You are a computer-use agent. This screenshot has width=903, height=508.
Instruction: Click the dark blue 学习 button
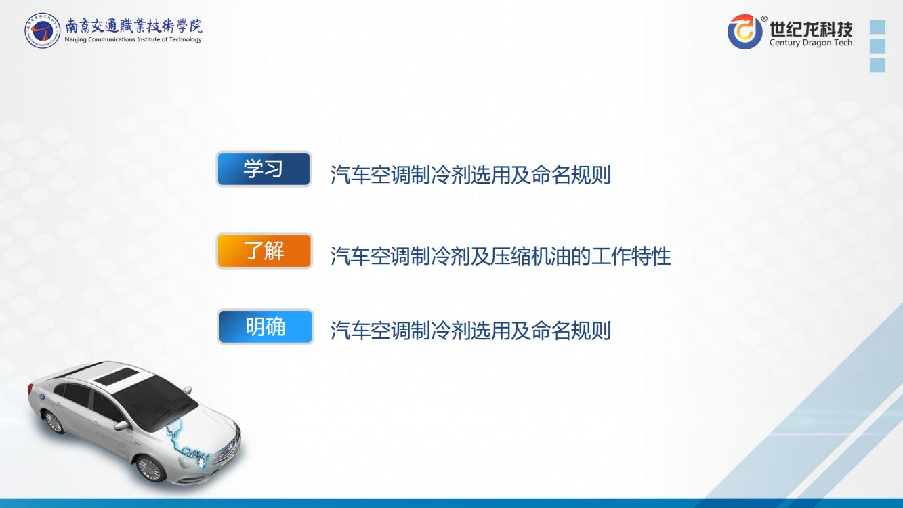(264, 169)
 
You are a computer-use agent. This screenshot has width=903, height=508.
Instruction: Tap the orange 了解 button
(264, 251)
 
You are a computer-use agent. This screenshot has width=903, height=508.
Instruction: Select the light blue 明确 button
(266, 326)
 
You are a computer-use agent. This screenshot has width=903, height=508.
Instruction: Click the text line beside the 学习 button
(470, 175)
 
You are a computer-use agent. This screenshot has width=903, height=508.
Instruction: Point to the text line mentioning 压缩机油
(501, 256)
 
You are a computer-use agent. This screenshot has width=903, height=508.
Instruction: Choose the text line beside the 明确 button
(470, 331)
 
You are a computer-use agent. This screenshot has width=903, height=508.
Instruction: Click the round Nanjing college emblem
(42, 30)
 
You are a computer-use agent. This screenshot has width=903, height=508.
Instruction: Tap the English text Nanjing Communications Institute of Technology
(133, 39)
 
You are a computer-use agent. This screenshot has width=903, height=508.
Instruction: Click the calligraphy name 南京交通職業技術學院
(134, 26)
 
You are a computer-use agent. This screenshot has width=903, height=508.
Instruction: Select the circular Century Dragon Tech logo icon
(744, 31)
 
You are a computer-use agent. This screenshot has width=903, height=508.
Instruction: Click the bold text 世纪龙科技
(811, 29)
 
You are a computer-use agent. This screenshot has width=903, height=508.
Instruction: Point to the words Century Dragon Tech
(811, 42)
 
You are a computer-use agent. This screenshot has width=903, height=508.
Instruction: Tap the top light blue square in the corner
(877, 26)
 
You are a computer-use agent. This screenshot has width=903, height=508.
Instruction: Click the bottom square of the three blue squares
(877, 65)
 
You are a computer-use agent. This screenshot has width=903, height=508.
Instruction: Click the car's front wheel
(150, 469)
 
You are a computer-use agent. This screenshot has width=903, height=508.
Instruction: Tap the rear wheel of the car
(54, 422)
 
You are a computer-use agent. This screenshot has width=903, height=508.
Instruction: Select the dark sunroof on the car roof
(116, 376)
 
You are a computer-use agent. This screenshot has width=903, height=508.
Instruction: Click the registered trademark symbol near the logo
(764, 18)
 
